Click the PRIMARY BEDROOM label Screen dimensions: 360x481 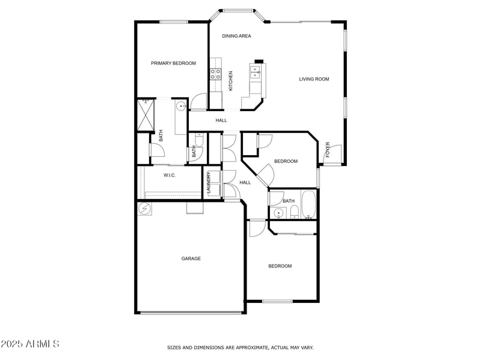(173, 63)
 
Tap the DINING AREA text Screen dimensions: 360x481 (236, 36)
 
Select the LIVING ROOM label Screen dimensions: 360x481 (314, 79)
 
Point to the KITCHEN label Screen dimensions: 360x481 (230, 81)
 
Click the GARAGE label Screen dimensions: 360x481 (191, 258)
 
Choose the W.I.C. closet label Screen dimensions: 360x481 (170, 175)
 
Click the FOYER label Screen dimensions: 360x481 (328, 150)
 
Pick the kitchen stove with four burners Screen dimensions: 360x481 (215, 74)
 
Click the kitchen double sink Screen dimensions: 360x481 (256, 73)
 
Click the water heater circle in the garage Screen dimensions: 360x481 (145, 209)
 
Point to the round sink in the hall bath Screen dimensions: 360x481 (278, 213)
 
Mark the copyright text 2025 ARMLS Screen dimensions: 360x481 (30, 344)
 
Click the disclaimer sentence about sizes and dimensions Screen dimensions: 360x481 (240, 347)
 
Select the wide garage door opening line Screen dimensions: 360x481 (191, 312)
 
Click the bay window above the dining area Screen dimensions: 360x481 (236, 10)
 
